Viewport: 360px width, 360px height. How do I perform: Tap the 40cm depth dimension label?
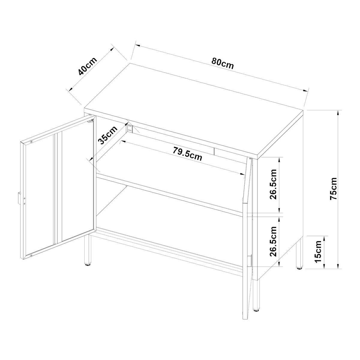pos(88,66)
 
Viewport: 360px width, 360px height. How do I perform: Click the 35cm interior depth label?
pos(108,135)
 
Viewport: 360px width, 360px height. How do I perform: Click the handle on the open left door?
pos(19,198)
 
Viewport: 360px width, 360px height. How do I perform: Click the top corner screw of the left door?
pos(31,142)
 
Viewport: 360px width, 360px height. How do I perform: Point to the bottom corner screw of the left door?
pos(31,255)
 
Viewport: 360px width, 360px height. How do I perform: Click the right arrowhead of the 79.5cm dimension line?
pos(242,174)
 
